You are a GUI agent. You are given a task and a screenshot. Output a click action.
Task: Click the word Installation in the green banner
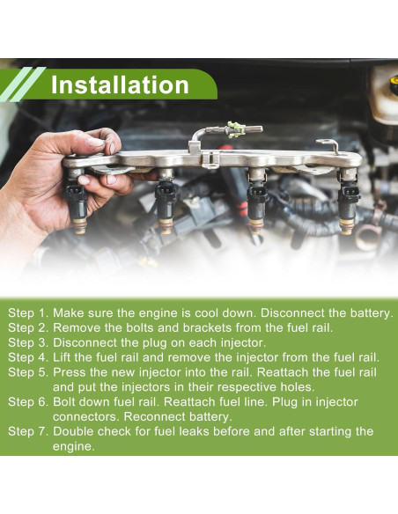(120, 84)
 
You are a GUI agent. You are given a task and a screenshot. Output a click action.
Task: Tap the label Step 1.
(28, 313)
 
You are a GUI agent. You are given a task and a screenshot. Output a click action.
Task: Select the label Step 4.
(28, 357)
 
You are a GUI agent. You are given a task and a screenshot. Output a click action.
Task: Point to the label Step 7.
(28, 431)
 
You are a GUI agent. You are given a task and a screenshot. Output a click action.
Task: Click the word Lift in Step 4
(63, 357)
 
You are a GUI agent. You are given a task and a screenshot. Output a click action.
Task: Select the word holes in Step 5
(298, 387)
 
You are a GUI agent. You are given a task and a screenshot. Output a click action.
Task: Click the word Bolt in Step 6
(64, 402)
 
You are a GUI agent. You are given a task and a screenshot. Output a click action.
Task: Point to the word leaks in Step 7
(194, 431)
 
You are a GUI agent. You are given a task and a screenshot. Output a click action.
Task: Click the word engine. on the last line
(73, 447)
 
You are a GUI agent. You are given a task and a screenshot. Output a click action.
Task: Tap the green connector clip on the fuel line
(235, 129)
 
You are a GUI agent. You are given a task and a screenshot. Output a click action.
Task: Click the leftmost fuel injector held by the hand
(76, 201)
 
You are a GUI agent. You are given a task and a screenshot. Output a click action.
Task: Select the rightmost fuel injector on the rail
(348, 201)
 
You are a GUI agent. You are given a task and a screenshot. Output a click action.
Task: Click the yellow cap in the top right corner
(394, 80)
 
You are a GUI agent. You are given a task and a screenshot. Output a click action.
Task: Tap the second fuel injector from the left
(166, 201)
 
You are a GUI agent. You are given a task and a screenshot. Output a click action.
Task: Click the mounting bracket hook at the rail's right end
(328, 145)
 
